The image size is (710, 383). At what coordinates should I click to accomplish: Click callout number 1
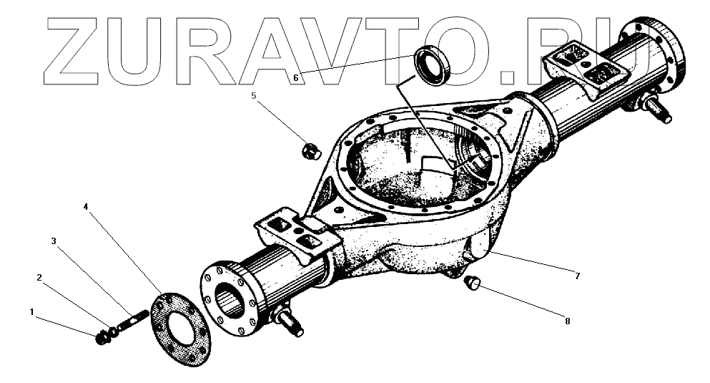point(31,311)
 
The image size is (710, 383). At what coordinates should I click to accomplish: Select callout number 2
point(40,277)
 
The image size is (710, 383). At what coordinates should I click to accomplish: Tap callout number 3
point(53,241)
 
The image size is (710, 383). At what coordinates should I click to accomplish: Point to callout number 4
point(86,207)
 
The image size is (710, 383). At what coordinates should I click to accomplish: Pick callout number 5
point(253,95)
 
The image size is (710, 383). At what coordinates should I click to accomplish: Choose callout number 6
point(295,78)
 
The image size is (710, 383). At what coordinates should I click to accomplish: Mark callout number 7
point(576,275)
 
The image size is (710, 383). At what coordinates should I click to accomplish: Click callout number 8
point(567,321)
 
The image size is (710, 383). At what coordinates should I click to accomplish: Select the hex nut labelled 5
point(311,151)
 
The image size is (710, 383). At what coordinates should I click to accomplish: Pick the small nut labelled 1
point(101,336)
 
